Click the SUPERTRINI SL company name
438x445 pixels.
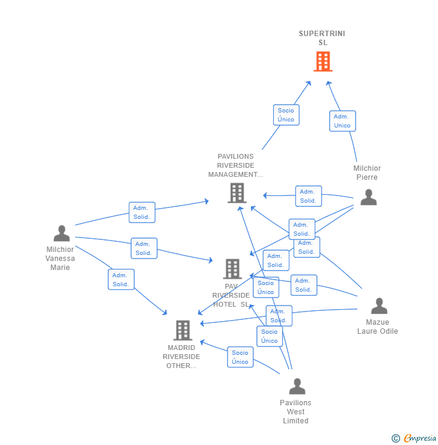pos(322,38)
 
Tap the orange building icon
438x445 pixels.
pos(322,61)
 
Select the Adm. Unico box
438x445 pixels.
pos(342,121)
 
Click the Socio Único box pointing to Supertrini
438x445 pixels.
pos(286,115)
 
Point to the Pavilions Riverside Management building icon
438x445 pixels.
pos(237,193)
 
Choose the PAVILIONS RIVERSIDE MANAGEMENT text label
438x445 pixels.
pos(236,165)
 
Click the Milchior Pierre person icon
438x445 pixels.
pos(368,197)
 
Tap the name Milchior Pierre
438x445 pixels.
pos(367,173)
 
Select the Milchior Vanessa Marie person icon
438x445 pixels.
pos(61,233)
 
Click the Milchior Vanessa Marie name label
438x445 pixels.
pos(60,258)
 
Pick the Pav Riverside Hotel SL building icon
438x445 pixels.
pos(232,269)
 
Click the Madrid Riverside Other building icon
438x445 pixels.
pos(182,330)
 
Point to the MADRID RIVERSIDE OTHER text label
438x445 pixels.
pos(181,357)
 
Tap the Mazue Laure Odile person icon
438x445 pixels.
pos(379,306)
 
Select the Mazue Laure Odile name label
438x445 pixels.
pos(378,327)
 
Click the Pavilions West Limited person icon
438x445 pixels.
pos(297,387)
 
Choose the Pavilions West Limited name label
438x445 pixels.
pos(295,412)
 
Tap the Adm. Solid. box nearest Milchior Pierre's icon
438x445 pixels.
pos(309,196)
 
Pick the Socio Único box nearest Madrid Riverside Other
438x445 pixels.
pos(240,357)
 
